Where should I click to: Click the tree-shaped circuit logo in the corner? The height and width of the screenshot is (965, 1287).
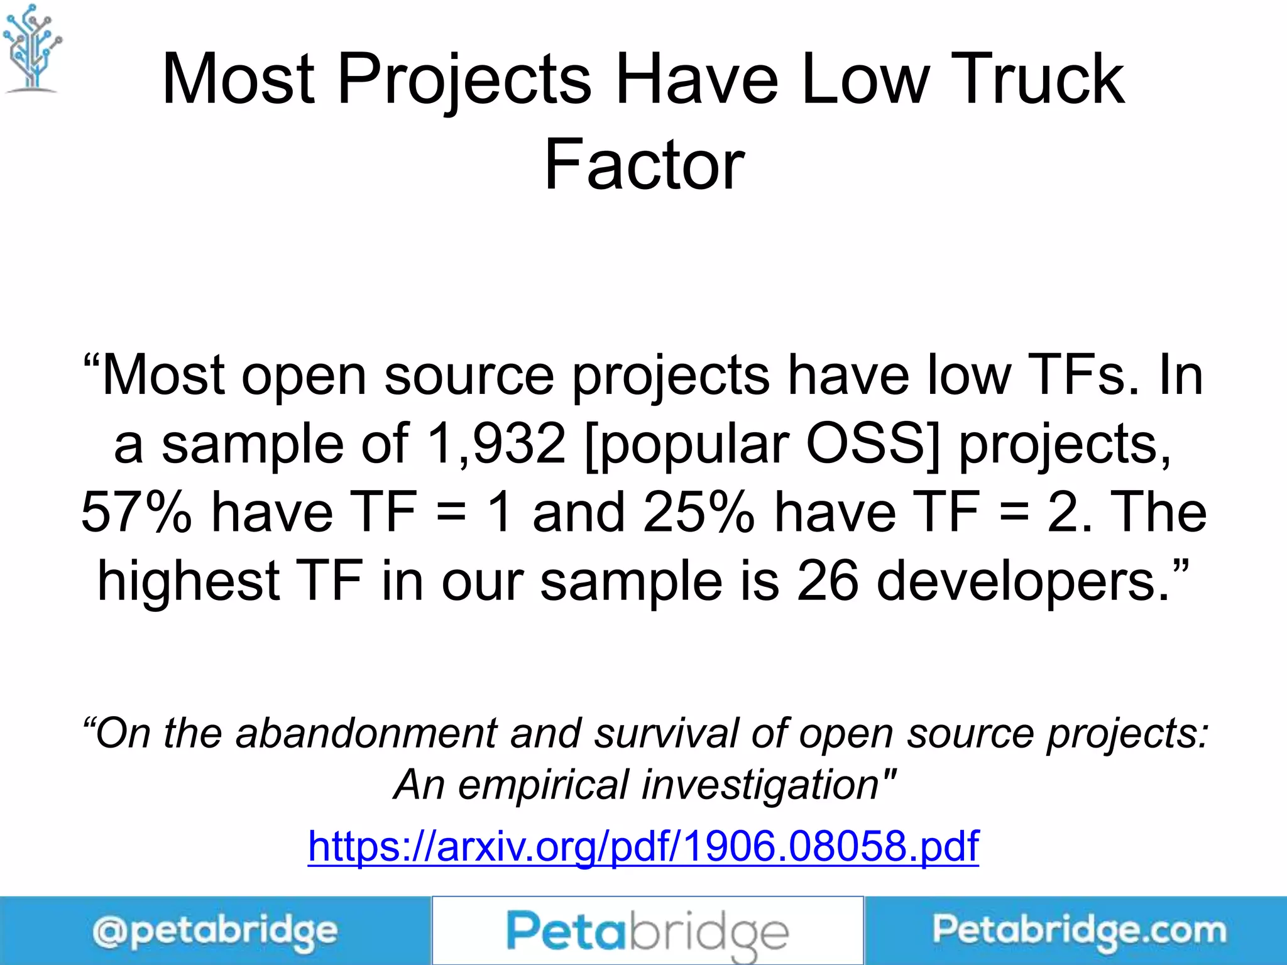point(32,49)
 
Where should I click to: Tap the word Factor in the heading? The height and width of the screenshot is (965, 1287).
point(644,165)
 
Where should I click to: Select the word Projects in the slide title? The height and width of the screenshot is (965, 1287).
point(464,79)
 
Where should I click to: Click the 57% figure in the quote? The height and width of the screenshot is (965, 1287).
point(136,512)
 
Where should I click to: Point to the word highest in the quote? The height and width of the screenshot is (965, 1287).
point(189,581)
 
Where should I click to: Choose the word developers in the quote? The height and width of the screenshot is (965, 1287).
point(1023,582)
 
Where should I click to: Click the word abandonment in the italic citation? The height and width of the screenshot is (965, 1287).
point(366,733)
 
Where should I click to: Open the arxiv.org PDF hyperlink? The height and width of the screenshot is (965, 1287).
point(643,846)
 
